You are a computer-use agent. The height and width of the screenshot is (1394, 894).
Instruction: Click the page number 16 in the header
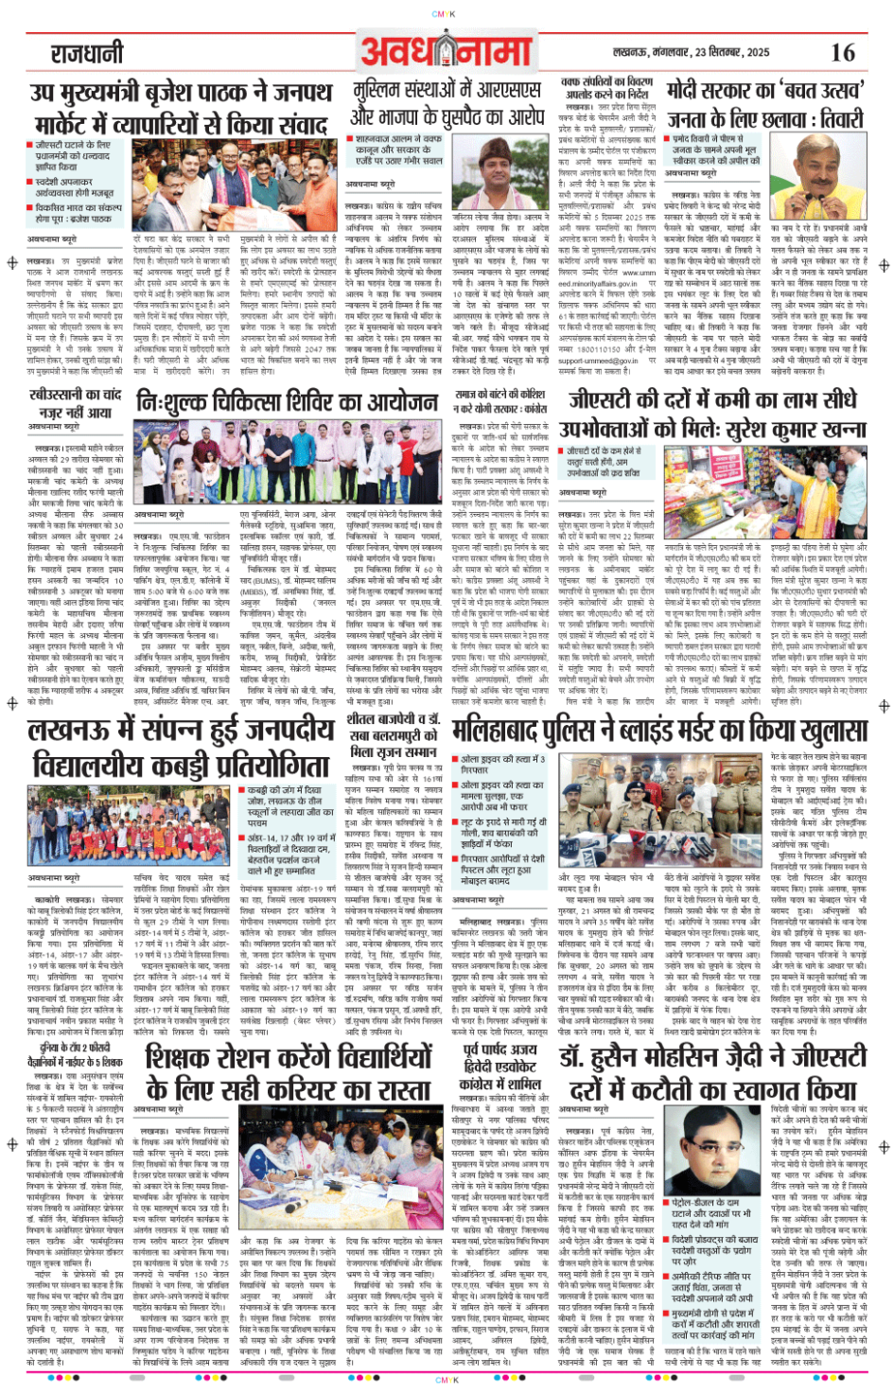(x=842, y=52)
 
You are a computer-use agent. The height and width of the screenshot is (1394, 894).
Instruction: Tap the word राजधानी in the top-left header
(x=87, y=52)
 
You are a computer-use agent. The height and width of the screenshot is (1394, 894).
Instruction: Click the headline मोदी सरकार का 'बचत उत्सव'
(x=764, y=106)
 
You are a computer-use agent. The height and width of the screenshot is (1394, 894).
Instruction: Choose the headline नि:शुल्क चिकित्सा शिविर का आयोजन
(x=287, y=402)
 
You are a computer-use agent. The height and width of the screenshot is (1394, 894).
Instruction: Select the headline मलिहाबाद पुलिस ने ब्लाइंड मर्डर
(x=659, y=732)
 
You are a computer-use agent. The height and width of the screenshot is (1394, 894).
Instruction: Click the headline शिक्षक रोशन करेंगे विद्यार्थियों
(x=289, y=1071)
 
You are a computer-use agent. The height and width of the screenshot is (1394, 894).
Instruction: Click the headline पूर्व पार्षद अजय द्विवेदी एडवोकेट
(x=500, y=1067)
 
